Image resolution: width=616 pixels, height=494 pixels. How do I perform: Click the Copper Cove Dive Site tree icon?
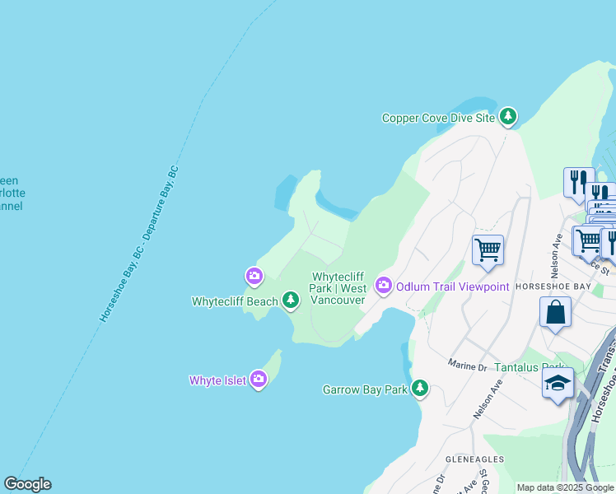pos(509,118)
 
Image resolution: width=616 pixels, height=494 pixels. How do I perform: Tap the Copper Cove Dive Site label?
pos(438,119)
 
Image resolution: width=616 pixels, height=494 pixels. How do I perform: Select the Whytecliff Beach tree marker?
pos(290,301)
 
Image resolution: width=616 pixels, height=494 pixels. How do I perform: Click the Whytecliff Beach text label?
pos(235,302)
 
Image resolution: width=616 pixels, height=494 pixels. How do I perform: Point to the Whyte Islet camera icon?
pos(259,380)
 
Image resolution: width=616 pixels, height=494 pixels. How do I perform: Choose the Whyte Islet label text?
pos(217,380)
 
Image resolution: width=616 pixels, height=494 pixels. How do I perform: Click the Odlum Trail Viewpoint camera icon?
pos(383,286)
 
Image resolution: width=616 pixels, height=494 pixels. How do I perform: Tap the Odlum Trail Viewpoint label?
pos(452,287)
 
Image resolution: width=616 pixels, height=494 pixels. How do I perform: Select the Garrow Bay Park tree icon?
pos(420,389)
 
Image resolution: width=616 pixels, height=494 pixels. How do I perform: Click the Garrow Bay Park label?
pos(365,389)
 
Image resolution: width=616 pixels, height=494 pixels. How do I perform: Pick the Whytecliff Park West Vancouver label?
pos(338,289)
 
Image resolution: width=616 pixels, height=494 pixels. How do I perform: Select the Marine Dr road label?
pos(469,364)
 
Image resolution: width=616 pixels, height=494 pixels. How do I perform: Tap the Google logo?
pos(27,484)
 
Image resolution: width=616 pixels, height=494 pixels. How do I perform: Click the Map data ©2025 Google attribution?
pos(565,487)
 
